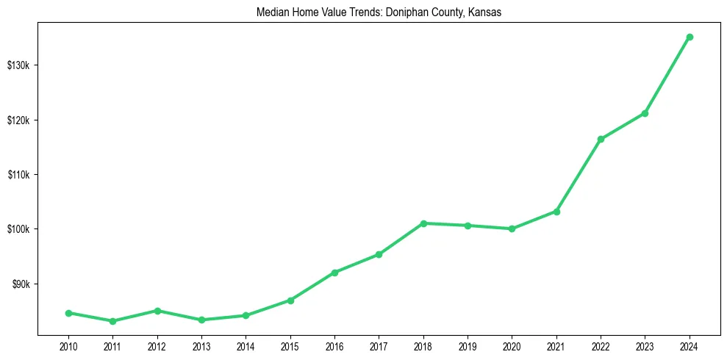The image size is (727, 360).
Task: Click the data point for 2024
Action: click(x=690, y=37)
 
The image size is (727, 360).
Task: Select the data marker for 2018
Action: click(x=423, y=223)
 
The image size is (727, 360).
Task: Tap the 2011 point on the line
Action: click(x=112, y=321)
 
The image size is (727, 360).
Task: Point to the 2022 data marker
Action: click(x=601, y=139)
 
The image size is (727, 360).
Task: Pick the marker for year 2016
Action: click(x=334, y=273)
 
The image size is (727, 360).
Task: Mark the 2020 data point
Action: click(x=512, y=228)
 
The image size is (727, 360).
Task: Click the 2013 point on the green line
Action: click(x=201, y=320)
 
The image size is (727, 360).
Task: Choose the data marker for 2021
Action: click(x=556, y=212)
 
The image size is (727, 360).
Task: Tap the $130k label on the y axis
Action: click(x=18, y=65)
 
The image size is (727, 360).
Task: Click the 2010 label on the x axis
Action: click(x=68, y=345)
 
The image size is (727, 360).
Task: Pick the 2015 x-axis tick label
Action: click(x=290, y=345)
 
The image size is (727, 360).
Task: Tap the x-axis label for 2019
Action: click(x=468, y=345)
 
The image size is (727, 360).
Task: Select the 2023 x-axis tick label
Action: click(x=645, y=345)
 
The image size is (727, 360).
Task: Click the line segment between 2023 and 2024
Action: click(x=667, y=75)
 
